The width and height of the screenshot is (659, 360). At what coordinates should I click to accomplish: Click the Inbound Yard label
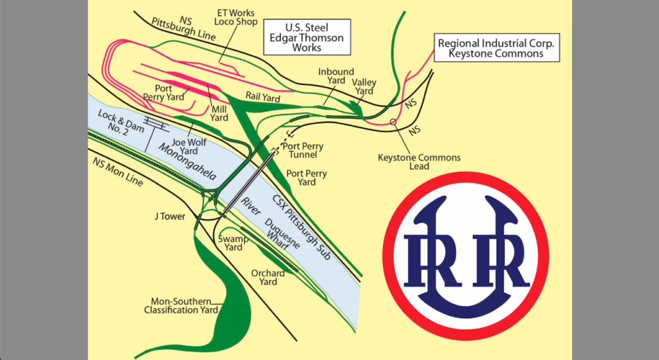pyautogui.click(x=336, y=76)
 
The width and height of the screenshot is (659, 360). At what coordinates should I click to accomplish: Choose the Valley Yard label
pyautogui.click(x=364, y=87)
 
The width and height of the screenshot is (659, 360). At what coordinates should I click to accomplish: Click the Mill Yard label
pyautogui.click(x=219, y=113)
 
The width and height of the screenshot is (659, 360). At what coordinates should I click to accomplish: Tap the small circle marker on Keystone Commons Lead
pyautogui.click(x=393, y=122)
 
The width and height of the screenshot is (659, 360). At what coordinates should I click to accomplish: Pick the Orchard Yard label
pyautogui.click(x=268, y=278)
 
